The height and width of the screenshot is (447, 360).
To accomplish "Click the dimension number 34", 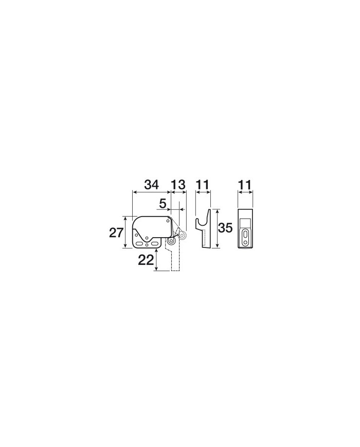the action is [151, 185].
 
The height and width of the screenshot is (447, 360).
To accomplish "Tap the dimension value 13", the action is [178, 185].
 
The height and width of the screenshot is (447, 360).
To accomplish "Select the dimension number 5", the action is [163, 204].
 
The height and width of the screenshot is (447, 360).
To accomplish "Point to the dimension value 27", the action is [116, 233].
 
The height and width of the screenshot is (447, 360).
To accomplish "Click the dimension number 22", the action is [146, 260].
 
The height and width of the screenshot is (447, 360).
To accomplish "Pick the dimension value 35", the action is [225, 228].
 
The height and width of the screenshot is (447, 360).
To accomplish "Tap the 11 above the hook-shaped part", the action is [203, 185].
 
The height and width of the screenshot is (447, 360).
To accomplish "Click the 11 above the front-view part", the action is [245, 185].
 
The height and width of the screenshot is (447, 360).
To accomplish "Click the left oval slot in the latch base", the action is [140, 244].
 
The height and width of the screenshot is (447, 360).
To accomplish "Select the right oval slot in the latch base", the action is [154, 244].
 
